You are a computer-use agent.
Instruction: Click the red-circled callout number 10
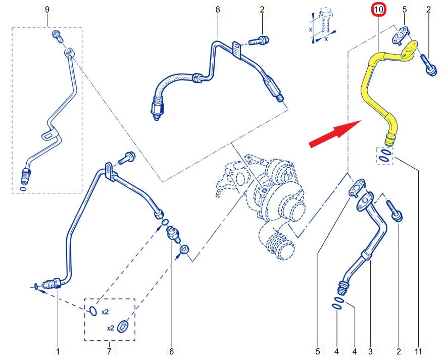[x=379, y=10]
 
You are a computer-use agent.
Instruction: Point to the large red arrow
[x=335, y=133]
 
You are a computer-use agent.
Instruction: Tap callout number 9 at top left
[x=47, y=10]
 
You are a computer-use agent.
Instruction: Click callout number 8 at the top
[x=218, y=10]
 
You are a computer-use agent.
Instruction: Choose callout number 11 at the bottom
[x=419, y=352]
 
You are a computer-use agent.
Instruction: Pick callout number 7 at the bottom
[x=109, y=352]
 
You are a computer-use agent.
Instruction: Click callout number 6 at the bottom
[x=171, y=352]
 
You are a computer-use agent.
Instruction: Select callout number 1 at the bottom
[x=58, y=352]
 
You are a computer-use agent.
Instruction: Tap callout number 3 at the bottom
[x=370, y=352]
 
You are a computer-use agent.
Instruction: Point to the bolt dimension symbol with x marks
[x=324, y=26]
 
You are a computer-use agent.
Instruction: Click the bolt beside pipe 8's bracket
[x=259, y=40]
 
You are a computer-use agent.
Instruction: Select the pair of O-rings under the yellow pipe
[x=385, y=156]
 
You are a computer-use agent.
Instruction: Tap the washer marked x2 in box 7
[x=123, y=326]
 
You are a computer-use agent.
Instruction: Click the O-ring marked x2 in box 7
[x=93, y=311]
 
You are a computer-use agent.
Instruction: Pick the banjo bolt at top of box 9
[x=57, y=36]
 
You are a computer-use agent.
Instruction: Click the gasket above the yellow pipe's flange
[x=400, y=35]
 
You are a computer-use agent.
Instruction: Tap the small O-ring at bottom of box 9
[x=24, y=189]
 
